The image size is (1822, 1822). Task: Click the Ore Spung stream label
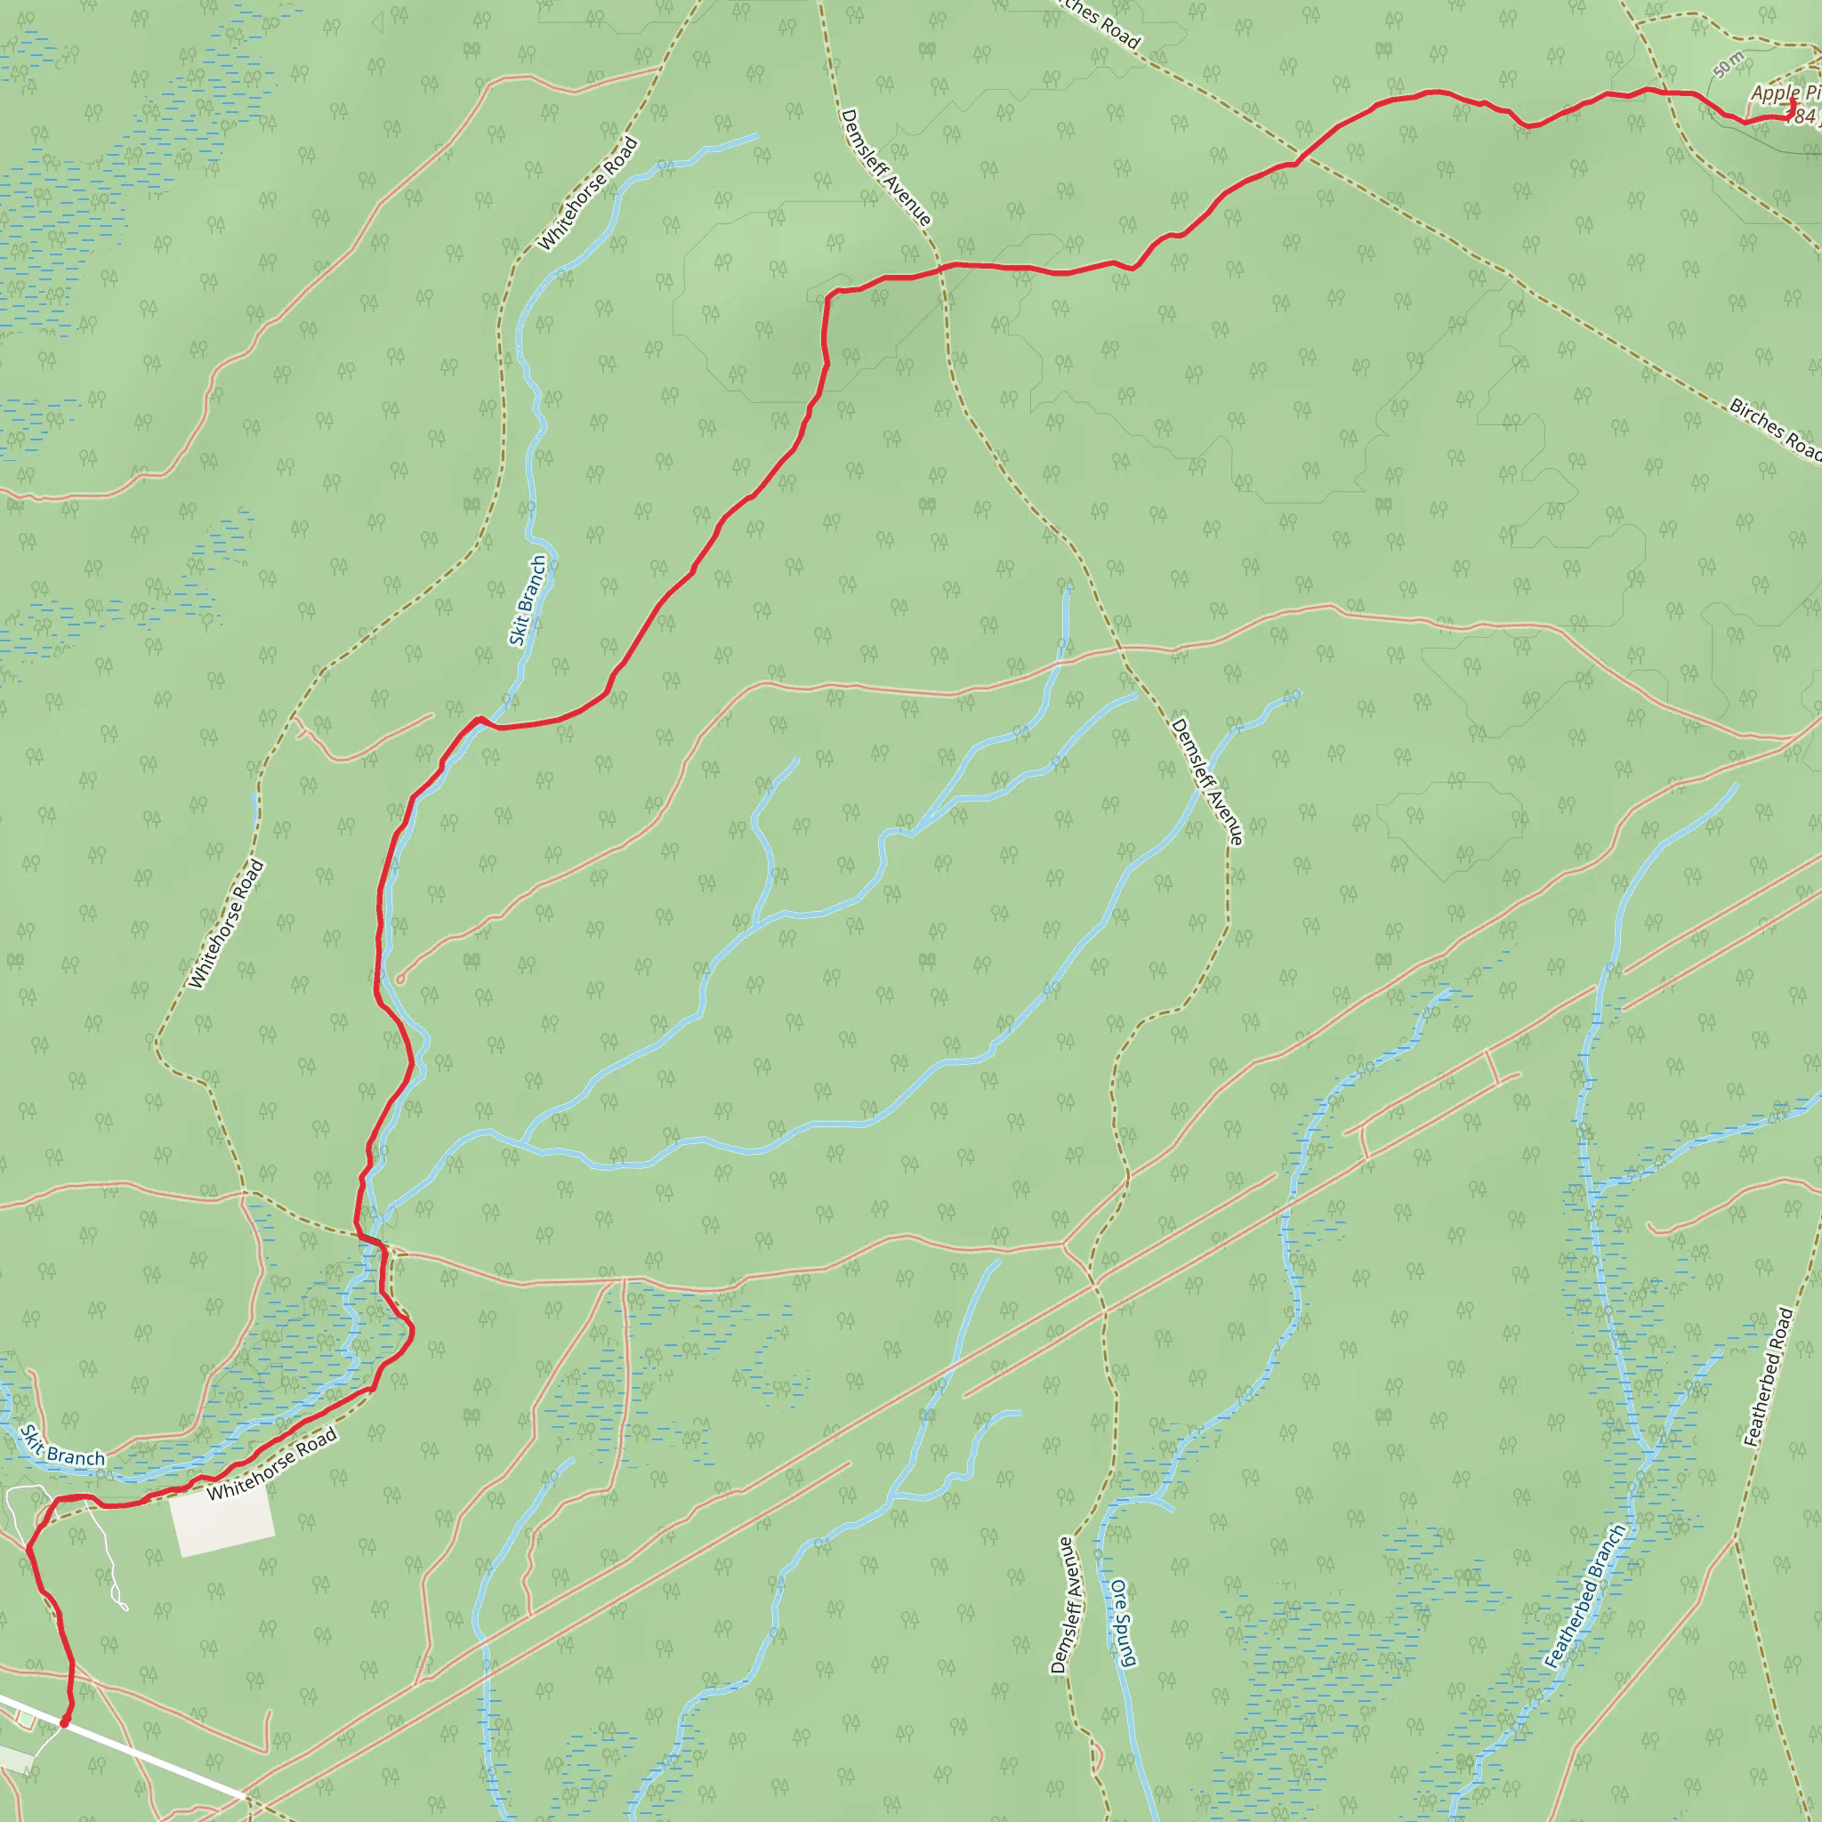click(x=1122, y=1623)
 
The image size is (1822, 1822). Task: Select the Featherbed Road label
click(x=1769, y=1377)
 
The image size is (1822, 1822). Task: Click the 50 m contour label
click(x=1729, y=66)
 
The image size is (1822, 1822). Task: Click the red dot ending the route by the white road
click(x=64, y=1723)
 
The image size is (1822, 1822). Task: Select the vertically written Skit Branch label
click(x=528, y=600)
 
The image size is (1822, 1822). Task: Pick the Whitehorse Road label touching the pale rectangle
click(x=271, y=1464)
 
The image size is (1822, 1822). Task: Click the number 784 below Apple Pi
click(x=1803, y=117)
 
